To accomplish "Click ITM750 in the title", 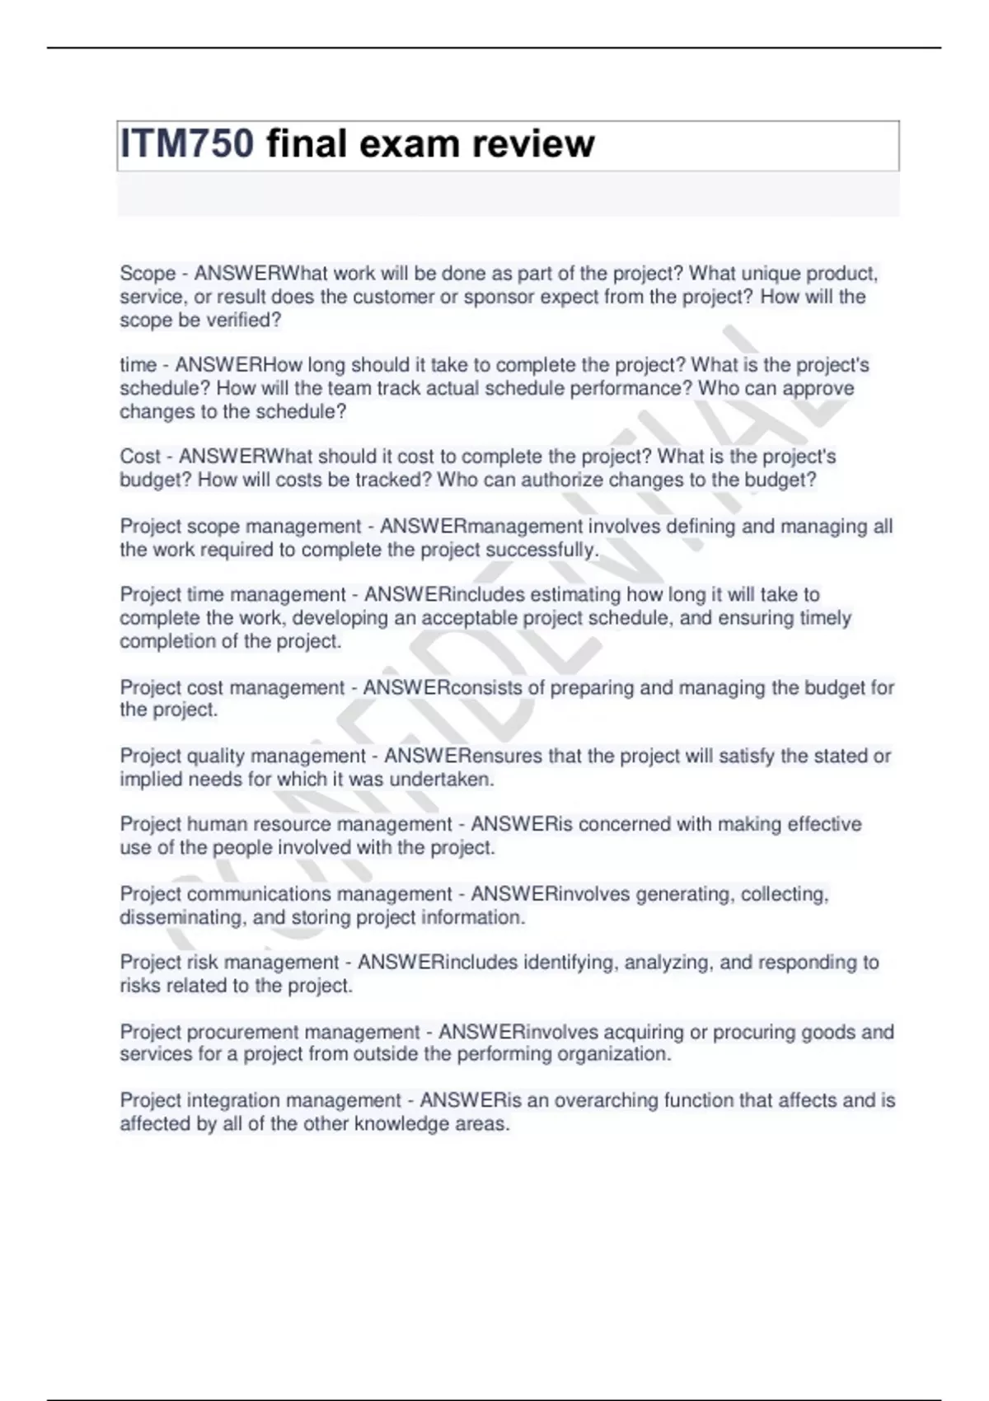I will pos(187,143).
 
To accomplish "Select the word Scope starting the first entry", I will pos(148,274).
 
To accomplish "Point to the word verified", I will pos(245,320).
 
